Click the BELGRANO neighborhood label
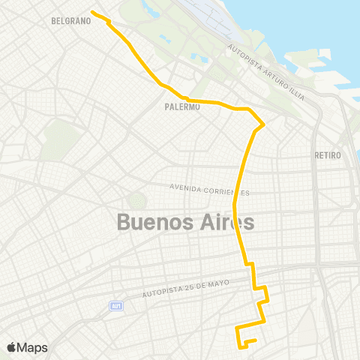71,21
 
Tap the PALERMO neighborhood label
181,107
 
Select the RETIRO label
328,155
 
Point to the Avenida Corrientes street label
209,188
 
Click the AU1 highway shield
115,306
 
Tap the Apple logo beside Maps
12,347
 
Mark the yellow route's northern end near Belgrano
91,12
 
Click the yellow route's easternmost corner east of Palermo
264,123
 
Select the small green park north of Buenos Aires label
136,201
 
